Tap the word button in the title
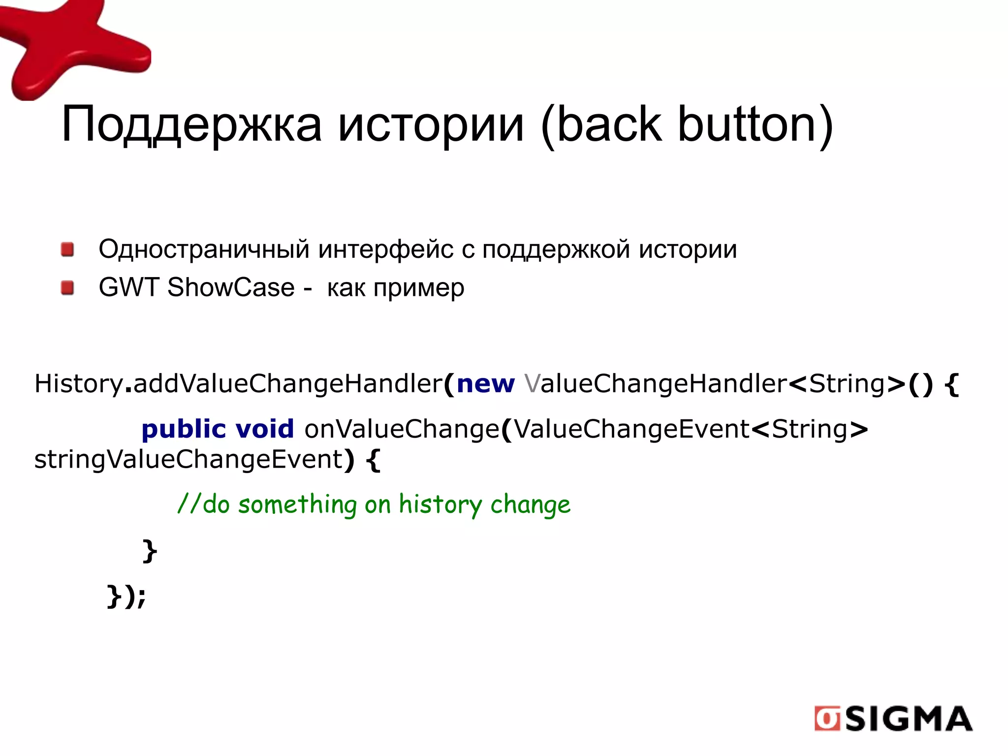[756, 125]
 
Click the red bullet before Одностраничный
[68, 249]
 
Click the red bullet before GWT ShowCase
[68, 287]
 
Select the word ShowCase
[231, 287]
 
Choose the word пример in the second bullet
[419, 288]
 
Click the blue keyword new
[485, 384]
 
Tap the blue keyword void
[264, 429]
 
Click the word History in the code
[78, 384]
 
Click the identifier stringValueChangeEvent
[188, 460]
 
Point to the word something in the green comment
[297, 505]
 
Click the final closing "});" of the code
[126, 597]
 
